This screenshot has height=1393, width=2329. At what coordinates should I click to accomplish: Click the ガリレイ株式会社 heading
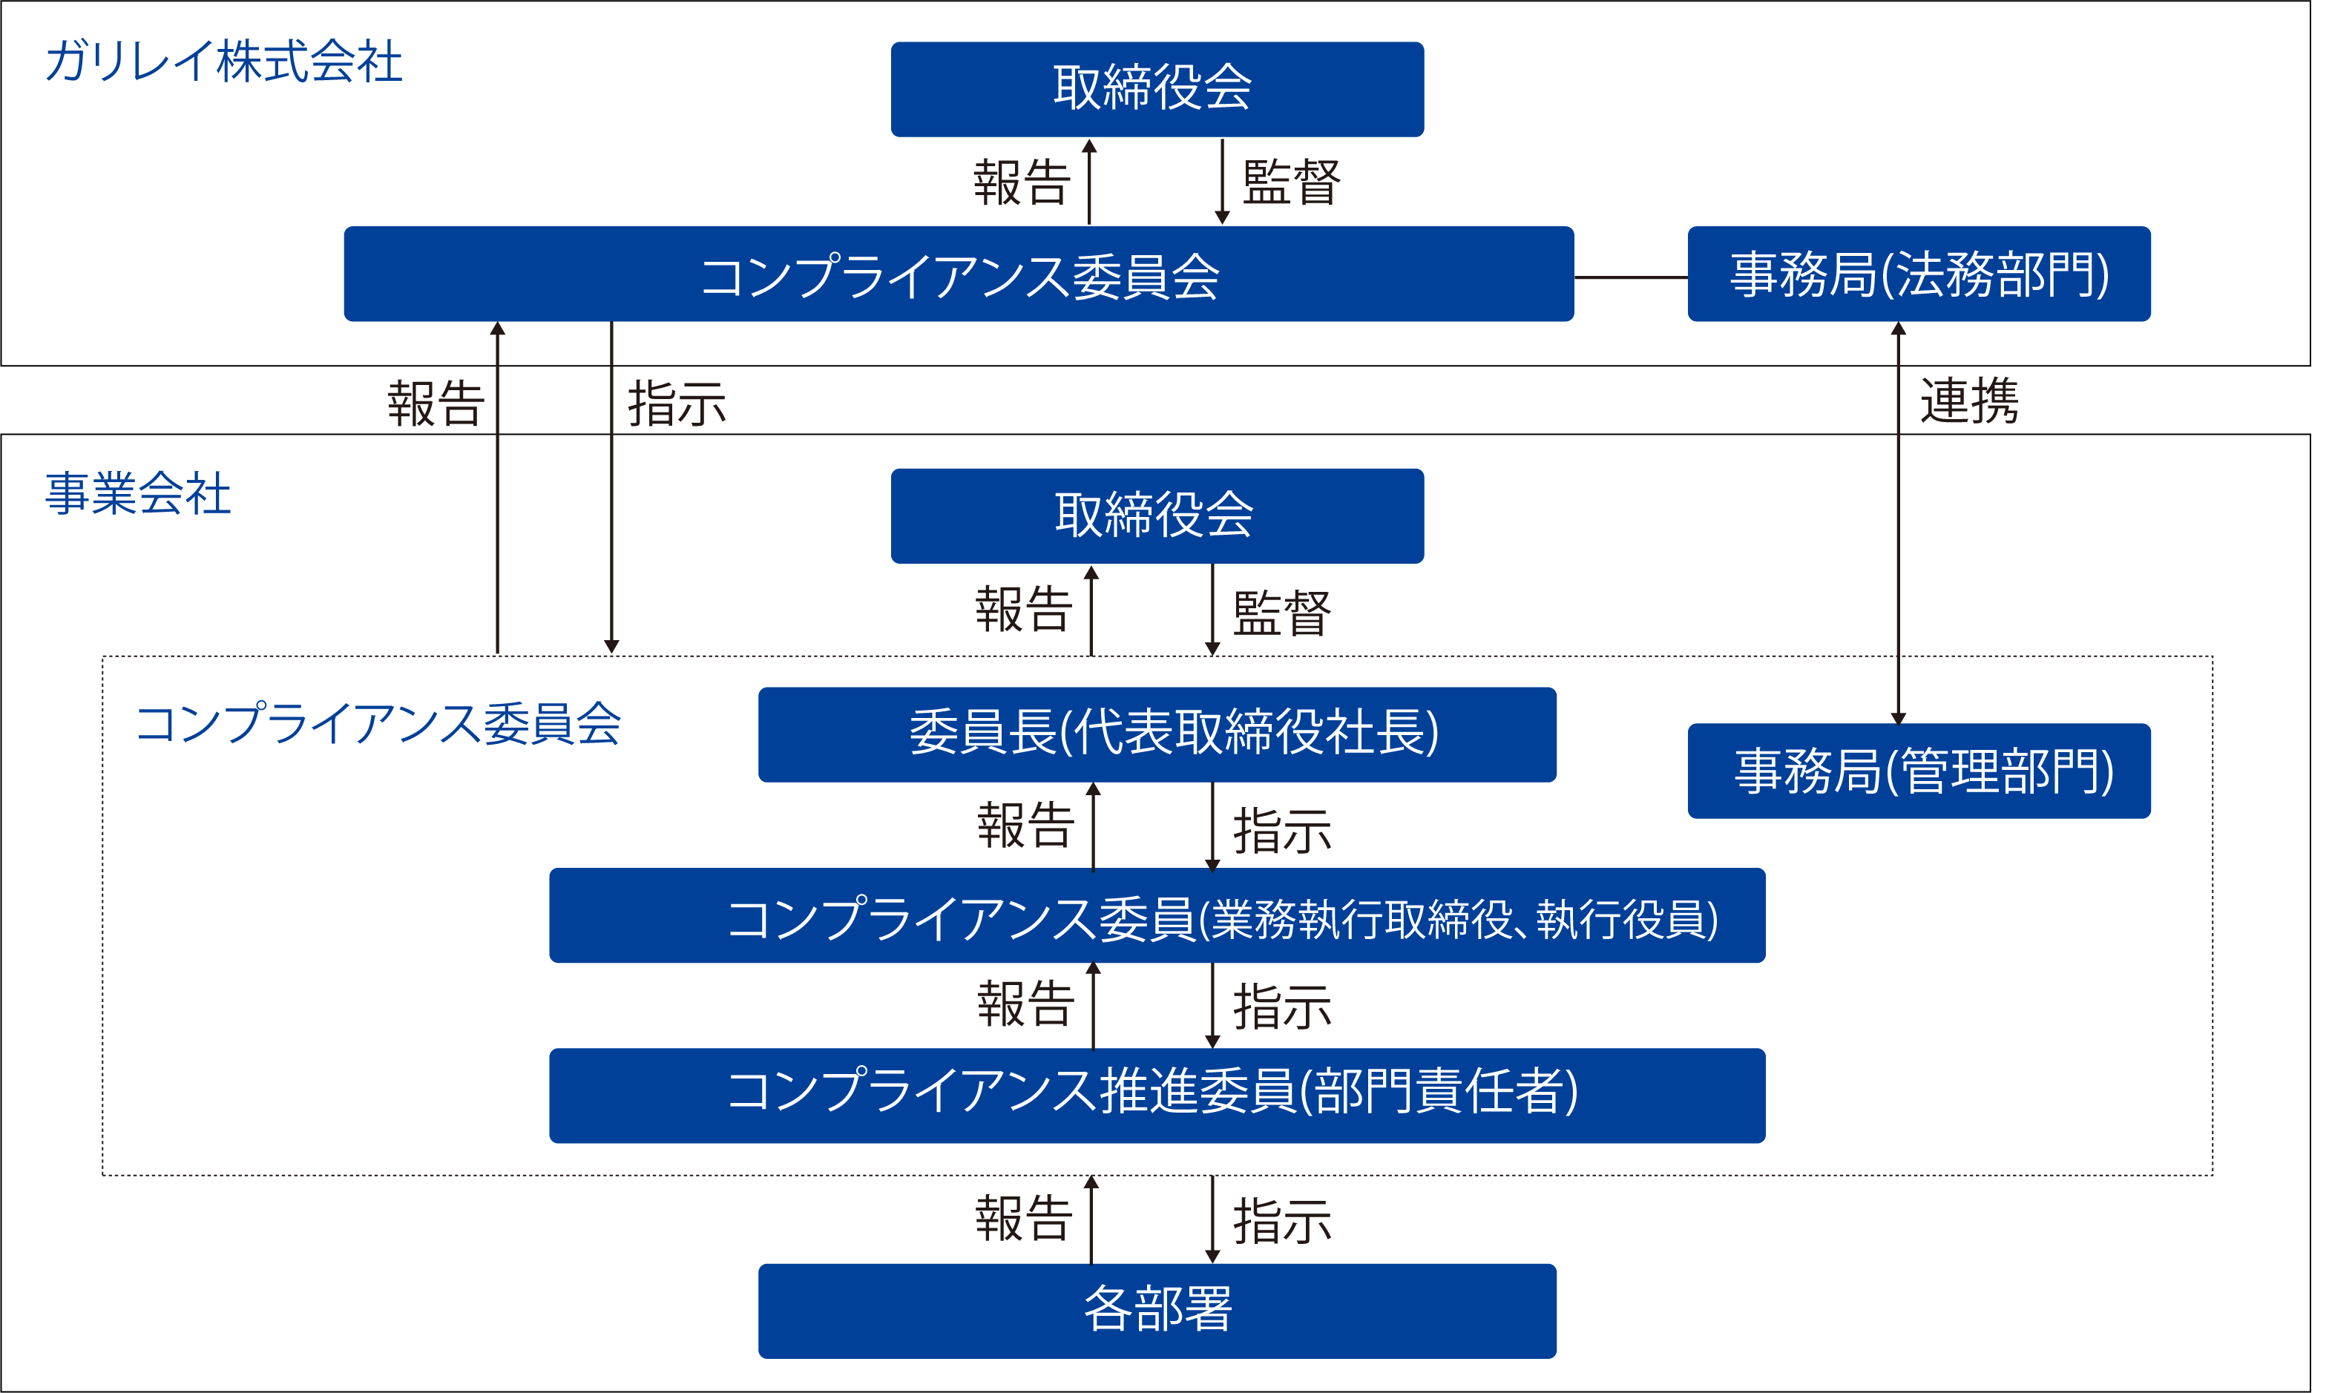(223, 62)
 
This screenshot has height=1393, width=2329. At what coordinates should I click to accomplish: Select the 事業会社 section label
(138, 494)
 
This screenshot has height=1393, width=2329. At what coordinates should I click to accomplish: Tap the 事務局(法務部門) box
(1919, 274)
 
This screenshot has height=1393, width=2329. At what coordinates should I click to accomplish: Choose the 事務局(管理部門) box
(1919, 771)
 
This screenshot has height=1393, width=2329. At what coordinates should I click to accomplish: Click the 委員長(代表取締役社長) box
(1157, 734)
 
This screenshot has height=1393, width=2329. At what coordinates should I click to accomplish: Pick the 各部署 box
(1157, 1311)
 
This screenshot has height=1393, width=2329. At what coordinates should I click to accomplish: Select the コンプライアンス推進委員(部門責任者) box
(1157, 1095)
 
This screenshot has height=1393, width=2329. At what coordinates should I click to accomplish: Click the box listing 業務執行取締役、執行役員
(1157, 915)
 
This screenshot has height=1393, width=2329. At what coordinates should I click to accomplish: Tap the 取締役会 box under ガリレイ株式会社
(1157, 89)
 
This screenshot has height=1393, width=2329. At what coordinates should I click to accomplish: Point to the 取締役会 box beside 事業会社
(1157, 516)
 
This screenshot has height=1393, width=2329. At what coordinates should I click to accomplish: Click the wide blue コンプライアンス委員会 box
(958, 274)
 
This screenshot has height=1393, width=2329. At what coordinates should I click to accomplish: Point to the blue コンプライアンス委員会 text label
(378, 725)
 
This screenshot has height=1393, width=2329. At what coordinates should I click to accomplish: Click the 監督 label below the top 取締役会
(1291, 182)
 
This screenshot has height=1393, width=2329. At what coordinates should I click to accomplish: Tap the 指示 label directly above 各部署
(1281, 1221)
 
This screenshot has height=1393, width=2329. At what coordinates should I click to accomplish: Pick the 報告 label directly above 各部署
(1023, 1219)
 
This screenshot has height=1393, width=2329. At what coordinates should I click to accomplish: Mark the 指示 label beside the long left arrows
(676, 404)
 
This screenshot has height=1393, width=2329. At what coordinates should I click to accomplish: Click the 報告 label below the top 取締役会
(1022, 182)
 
